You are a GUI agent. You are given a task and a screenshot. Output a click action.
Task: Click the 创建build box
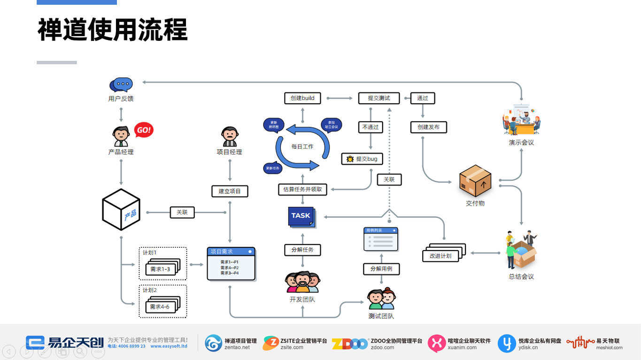(302, 98)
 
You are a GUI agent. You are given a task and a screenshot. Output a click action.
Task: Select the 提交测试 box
(378, 98)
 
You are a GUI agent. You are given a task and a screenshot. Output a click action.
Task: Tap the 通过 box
(423, 98)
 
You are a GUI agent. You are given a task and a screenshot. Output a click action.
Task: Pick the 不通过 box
(371, 127)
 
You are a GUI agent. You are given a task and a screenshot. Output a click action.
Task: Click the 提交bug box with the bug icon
(362, 159)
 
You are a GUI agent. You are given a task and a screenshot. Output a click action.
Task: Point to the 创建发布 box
(428, 127)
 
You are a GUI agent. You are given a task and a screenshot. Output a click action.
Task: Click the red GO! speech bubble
(144, 130)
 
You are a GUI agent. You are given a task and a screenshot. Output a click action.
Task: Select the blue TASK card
(301, 216)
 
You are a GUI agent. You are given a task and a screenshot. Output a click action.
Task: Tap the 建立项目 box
(230, 191)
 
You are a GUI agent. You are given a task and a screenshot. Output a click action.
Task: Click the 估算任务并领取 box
(302, 189)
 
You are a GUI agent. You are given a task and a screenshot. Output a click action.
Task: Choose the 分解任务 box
(302, 250)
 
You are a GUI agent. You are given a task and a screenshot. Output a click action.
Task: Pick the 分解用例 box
(381, 269)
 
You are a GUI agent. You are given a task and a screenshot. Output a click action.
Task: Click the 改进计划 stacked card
(441, 255)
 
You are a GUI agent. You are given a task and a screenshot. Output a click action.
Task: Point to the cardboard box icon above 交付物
(475, 181)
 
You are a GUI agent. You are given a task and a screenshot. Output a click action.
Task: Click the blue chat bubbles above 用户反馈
(121, 85)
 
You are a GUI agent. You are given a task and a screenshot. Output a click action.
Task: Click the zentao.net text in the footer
(237, 348)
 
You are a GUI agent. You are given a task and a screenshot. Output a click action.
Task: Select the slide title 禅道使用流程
(113, 30)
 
